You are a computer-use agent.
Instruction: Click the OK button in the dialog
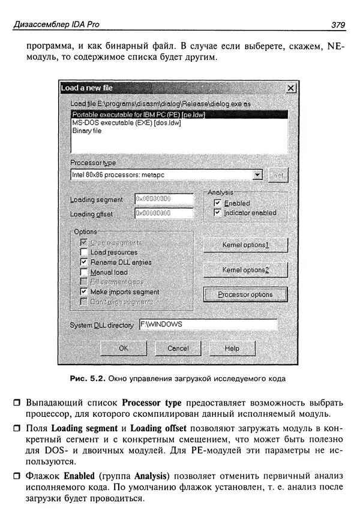click(x=124, y=348)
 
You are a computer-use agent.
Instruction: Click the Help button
click(x=232, y=348)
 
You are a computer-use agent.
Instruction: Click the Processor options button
click(x=245, y=294)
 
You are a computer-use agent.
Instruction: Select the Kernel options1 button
click(x=245, y=245)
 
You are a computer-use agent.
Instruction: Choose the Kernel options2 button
click(x=245, y=270)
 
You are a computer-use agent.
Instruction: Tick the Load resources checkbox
click(x=84, y=253)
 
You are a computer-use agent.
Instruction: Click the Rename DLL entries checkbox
click(x=84, y=262)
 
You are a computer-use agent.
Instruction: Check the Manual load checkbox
click(x=84, y=272)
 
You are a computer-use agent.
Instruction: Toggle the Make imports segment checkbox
click(x=84, y=291)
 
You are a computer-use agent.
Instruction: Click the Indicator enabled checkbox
click(x=218, y=213)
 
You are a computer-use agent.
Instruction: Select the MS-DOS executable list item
click(x=126, y=122)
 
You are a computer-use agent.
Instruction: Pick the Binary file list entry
click(x=86, y=131)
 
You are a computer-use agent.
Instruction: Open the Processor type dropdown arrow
click(x=258, y=175)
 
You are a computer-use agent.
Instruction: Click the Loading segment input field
click(x=163, y=199)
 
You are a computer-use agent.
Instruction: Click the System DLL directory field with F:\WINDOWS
click(x=208, y=324)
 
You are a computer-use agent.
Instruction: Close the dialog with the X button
click(x=291, y=88)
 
